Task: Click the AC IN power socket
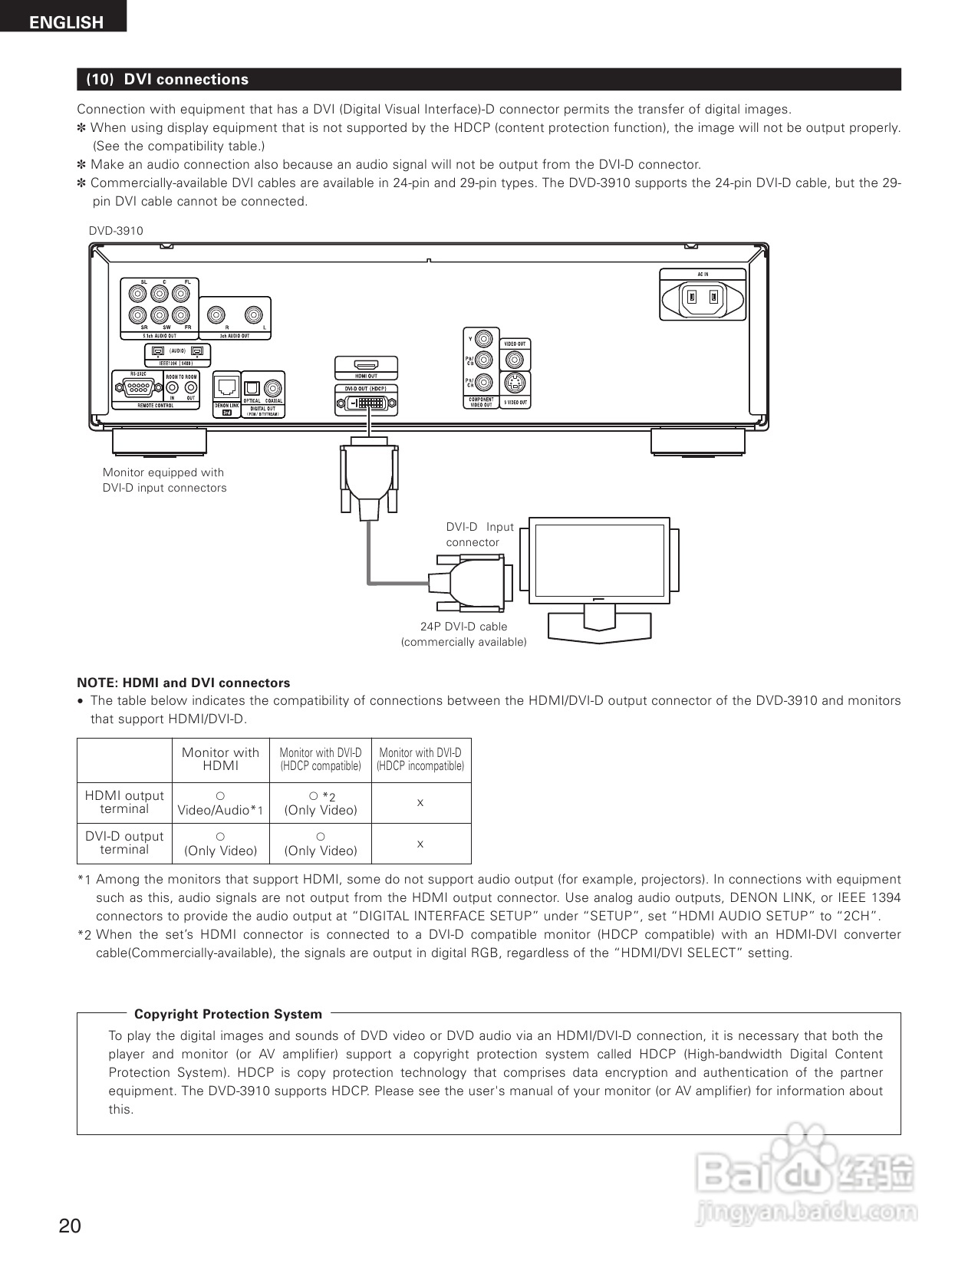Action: (703, 296)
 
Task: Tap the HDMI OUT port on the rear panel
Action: (366, 365)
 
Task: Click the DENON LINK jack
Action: (226, 386)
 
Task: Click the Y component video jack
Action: (484, 337)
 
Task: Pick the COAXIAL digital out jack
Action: (273, 387)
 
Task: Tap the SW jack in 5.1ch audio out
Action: (160, 314)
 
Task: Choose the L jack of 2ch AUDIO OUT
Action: (254, 314)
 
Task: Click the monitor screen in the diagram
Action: (600, 559)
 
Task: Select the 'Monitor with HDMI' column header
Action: (221, 759)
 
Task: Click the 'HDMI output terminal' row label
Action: (124, 802)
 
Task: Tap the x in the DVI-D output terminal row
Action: (420, 844)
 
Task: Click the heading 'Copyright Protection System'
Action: (228, 1014)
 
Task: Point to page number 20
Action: (69, 1226)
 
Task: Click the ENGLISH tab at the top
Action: (66, 22)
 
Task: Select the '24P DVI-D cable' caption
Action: (463, 627)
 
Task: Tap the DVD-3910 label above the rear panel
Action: (116, 231)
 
